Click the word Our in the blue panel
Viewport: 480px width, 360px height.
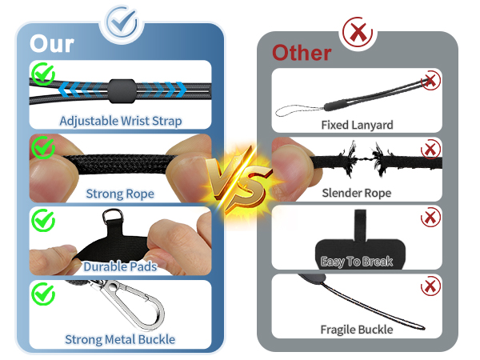coord(52,43)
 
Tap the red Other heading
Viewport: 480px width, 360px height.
coord(302,53)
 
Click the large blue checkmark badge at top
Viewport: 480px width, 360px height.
coord(122,22)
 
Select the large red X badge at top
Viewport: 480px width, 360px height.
coord(358,32)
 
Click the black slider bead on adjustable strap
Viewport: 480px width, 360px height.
coord(122,91)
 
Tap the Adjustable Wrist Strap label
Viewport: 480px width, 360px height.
coord(121,121)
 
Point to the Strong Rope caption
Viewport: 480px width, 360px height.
coord(120,194)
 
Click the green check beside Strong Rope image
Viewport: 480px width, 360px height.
coord(43,147)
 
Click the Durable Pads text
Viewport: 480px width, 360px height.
coord(120,266)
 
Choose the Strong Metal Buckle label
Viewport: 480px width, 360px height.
coord(120,339)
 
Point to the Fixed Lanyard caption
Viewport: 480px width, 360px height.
coord(357,125)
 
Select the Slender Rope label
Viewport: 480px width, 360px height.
coord(357,193)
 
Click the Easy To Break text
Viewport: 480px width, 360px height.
coord(357,262)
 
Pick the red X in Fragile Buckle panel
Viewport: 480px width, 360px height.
coord(430,286)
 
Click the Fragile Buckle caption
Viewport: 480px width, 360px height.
coord(357,330)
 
